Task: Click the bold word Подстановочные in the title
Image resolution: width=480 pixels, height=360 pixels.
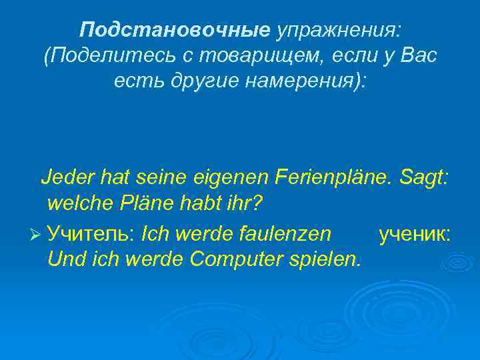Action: pos(175,29)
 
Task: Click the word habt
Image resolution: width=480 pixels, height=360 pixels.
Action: pos(199,201)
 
